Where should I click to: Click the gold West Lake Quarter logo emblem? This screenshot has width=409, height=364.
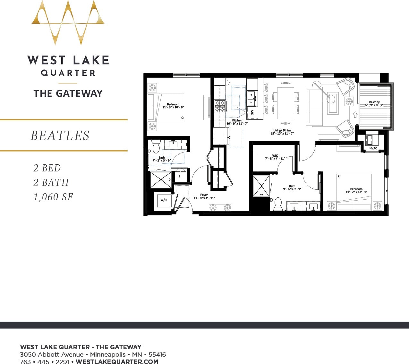pos(68,22)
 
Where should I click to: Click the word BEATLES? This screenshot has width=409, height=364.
pos(60,135)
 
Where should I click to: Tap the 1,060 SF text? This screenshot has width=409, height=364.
pos(53,197)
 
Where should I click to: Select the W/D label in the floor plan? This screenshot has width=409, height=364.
pos(164,200)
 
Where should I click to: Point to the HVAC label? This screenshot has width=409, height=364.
pos(373,148)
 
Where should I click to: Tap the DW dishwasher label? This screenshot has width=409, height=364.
pos(252,113)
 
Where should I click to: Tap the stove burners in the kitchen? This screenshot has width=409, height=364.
pos(220,106)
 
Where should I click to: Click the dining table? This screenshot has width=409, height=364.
pos(285,103)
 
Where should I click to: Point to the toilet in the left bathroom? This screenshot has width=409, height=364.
pos(156,146)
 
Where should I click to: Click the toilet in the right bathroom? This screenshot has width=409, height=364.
pos(278,204)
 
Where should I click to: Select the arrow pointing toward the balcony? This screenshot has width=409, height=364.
pos(355,114)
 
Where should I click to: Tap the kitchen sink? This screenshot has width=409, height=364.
pos(252,99)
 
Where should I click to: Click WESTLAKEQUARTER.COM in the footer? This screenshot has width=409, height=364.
pos(117,361)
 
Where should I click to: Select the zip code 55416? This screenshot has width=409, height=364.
pos(157,354)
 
